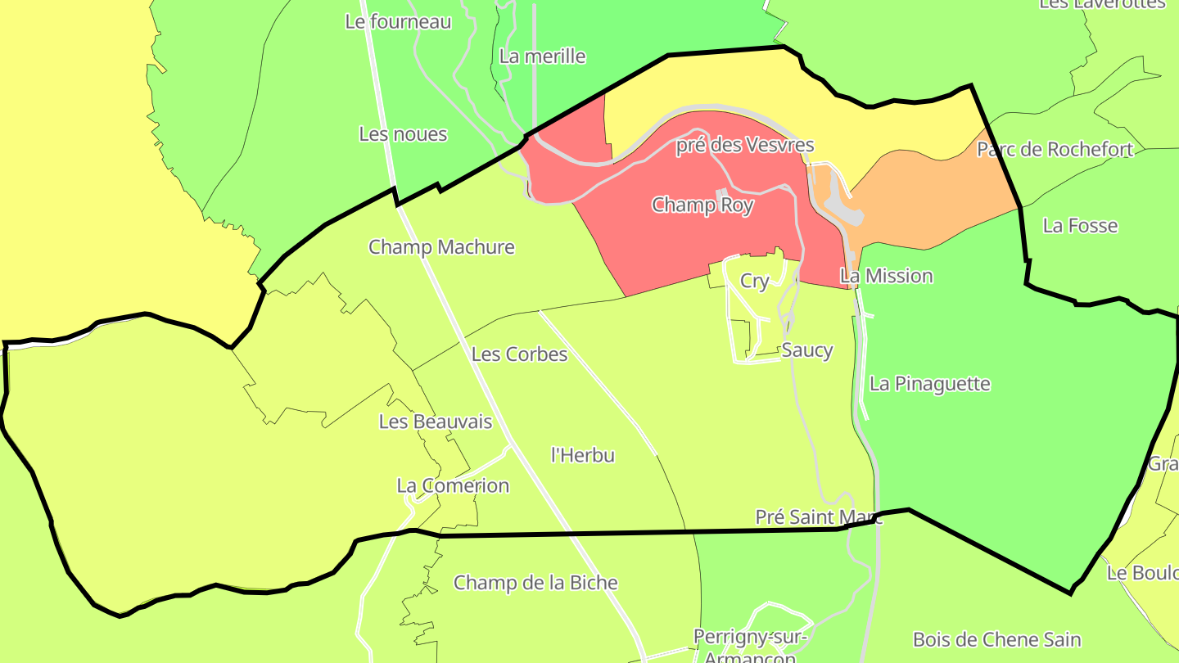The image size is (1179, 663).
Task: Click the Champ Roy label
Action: (x=702, y=205)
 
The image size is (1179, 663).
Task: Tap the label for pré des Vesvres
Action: (x=744, y=146)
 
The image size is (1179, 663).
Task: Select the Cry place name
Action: (x=754, y=281)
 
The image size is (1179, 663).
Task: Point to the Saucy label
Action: (x=806, y=350)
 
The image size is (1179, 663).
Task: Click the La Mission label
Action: (x=887, y=276)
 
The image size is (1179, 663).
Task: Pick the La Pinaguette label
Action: (x=929, y=384)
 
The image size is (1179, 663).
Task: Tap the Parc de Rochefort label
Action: (x=1055, y=150)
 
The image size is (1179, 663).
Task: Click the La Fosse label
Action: (x=1080, y=226)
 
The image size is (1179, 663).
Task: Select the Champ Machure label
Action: (x=441, y=247)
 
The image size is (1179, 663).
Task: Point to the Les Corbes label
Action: (x=519, y=354)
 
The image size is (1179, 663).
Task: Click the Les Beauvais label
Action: (x=436, y=422)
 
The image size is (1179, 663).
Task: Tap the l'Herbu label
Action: (x=583, y=455)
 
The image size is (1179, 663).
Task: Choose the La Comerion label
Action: (x=453, y=485)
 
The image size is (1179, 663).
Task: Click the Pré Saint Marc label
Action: (x=818, y=517)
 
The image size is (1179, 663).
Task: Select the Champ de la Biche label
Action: (x=535, y=583)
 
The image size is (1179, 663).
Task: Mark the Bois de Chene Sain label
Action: (x=996, y=639)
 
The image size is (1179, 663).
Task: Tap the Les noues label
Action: (x=403, y=134)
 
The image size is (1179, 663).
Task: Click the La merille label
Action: (x=542, y=56)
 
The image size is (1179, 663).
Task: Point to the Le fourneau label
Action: (x=398, y=22)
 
